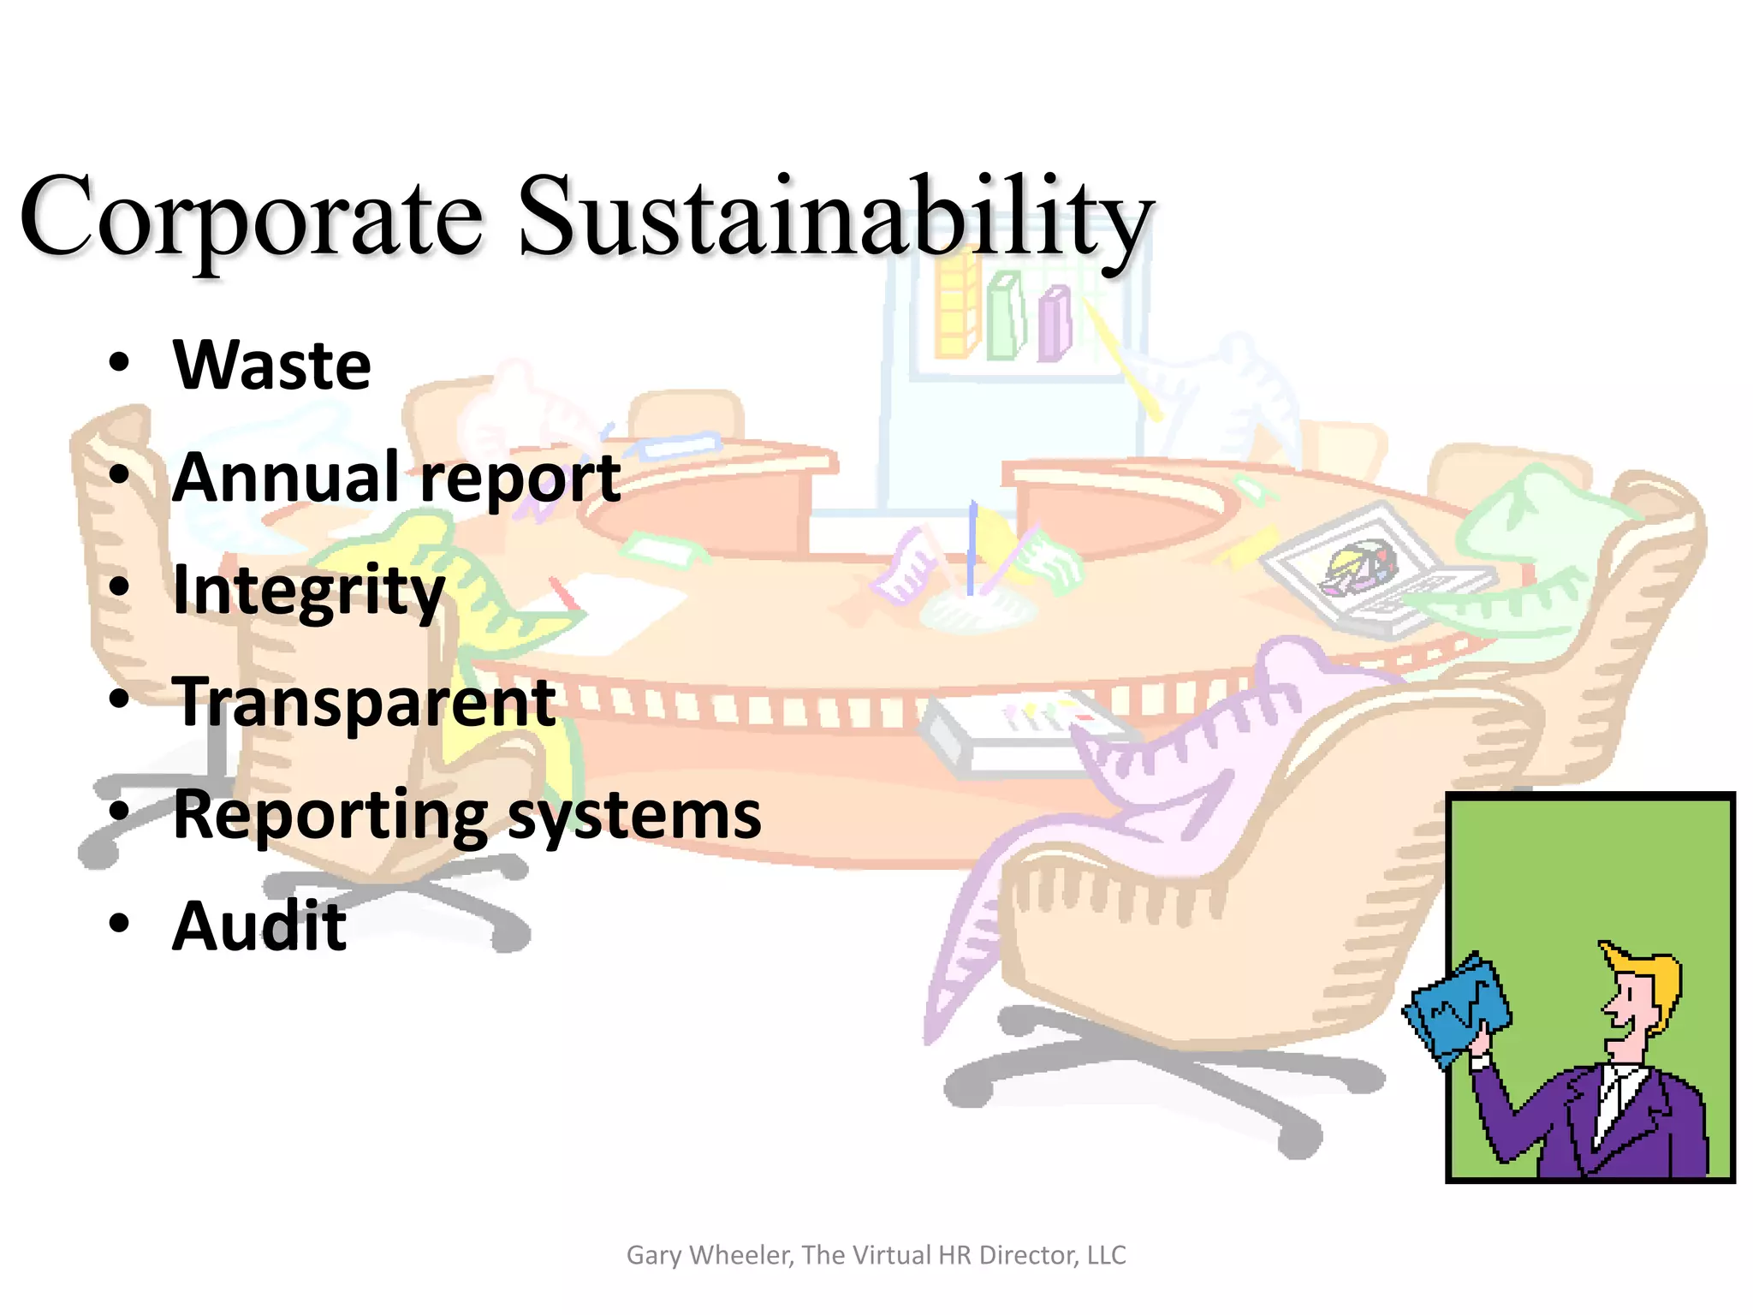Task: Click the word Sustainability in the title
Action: click(x=835, y=218)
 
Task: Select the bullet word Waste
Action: click(x=272, y=366)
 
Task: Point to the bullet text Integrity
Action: click(x=308, y=591)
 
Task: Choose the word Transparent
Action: click(x=365, y=702)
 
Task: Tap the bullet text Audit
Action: click(x=259, y=926)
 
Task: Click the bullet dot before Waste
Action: click(x=119, y=363)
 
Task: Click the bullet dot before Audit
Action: click(x=119, y=924)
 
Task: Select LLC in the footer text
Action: click(x=1106, y=1255)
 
